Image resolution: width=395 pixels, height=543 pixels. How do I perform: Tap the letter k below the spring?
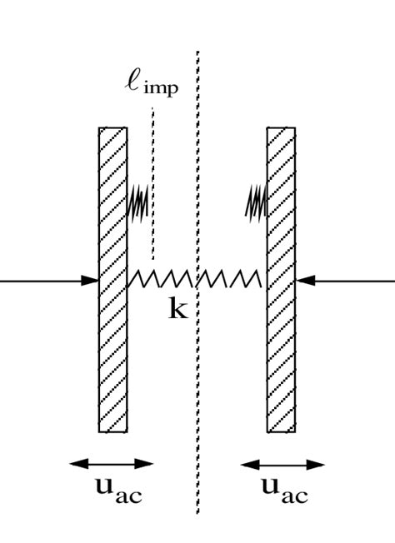(178, 311)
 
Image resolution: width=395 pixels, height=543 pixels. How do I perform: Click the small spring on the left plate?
(137, 202)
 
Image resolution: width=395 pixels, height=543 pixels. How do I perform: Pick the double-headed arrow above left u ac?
(112, 464)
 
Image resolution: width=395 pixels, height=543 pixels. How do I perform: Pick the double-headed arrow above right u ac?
(281, 464)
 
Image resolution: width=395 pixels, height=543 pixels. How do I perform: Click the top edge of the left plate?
(112, 128)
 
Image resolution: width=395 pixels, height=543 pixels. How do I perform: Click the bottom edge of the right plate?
(281, 431)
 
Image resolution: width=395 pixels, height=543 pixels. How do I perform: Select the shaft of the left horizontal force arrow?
(42, 281)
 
